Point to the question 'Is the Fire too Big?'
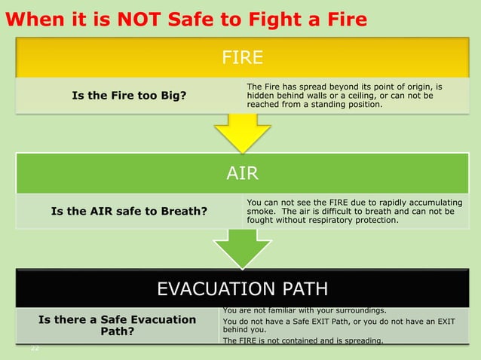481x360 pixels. point(129,95)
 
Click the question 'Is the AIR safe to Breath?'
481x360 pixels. point(129,211)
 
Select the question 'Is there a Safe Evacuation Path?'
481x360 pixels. point(117,325)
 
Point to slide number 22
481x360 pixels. point(35,348)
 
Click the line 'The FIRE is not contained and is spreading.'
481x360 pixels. point(303,341)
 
